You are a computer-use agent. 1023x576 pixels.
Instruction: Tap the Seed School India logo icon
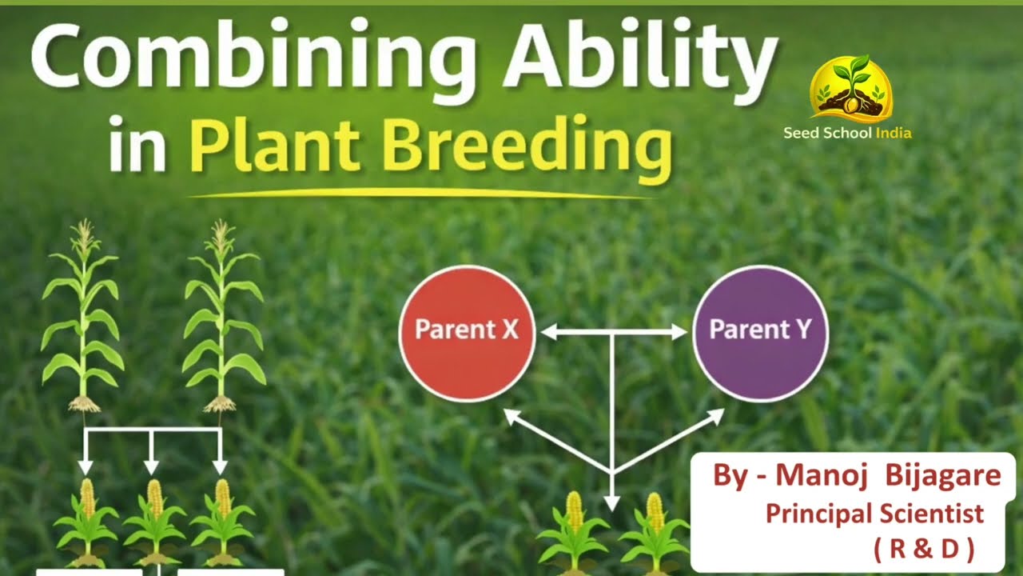[x=850, y=88]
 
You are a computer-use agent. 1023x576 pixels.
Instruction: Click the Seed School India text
[x=847, y=133]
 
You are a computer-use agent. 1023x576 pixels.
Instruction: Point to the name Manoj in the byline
[x=819, y=475]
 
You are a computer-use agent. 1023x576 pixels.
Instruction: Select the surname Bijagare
[x=942, y=475]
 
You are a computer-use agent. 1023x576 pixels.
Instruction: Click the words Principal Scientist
[x=874, y=513]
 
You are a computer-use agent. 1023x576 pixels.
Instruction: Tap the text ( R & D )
[x=924, y=548]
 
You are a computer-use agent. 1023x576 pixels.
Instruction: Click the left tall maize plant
[x=82, y=320]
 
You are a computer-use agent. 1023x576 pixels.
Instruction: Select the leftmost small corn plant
[x=86, y=520]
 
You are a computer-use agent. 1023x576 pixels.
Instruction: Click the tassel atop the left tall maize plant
[x=82, y=237]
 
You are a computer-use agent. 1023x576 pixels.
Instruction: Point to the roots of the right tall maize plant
[x=220, y=404]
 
